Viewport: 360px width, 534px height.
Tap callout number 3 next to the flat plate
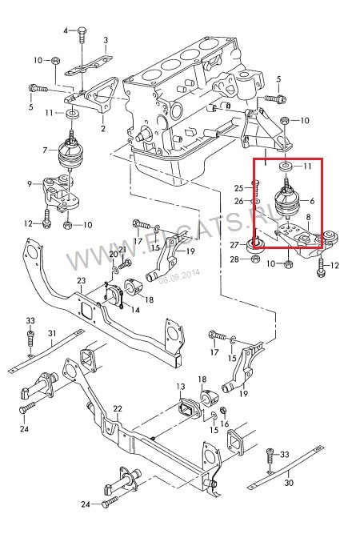106,39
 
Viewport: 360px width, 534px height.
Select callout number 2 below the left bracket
102,127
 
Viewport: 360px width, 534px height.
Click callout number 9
30,185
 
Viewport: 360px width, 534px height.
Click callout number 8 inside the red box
310,228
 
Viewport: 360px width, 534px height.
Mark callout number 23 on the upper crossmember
81,281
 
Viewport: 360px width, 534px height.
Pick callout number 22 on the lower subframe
118,408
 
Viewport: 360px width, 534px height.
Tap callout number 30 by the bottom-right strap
289,483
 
